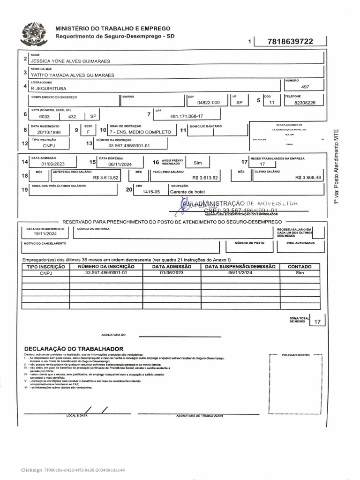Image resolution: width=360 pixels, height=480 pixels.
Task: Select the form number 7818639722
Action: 290,42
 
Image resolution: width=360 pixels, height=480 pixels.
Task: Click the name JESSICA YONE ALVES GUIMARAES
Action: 70,61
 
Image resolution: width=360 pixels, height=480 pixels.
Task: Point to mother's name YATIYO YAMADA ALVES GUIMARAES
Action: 72,75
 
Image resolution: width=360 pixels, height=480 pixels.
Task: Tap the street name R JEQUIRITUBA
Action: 48,88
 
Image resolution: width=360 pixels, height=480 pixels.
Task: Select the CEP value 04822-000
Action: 208,102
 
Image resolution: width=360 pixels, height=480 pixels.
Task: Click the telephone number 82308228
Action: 305,102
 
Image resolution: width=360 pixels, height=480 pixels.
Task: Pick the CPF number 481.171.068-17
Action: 187,116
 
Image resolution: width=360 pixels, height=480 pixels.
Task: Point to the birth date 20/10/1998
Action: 49,132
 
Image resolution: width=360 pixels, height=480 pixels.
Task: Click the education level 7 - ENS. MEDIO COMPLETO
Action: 141,132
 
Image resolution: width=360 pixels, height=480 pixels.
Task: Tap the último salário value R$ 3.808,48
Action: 308,178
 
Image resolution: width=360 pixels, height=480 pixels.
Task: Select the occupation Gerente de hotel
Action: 187,192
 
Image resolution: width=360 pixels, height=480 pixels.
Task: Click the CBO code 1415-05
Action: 151,192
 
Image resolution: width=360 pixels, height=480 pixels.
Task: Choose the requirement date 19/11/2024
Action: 45,233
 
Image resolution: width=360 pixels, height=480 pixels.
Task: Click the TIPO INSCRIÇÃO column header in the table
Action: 45,266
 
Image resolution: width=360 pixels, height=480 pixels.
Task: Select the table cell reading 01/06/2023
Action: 171,272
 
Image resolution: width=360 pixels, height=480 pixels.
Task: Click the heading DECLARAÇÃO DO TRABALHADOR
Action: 74,349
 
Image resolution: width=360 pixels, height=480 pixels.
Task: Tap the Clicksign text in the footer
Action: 31,470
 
